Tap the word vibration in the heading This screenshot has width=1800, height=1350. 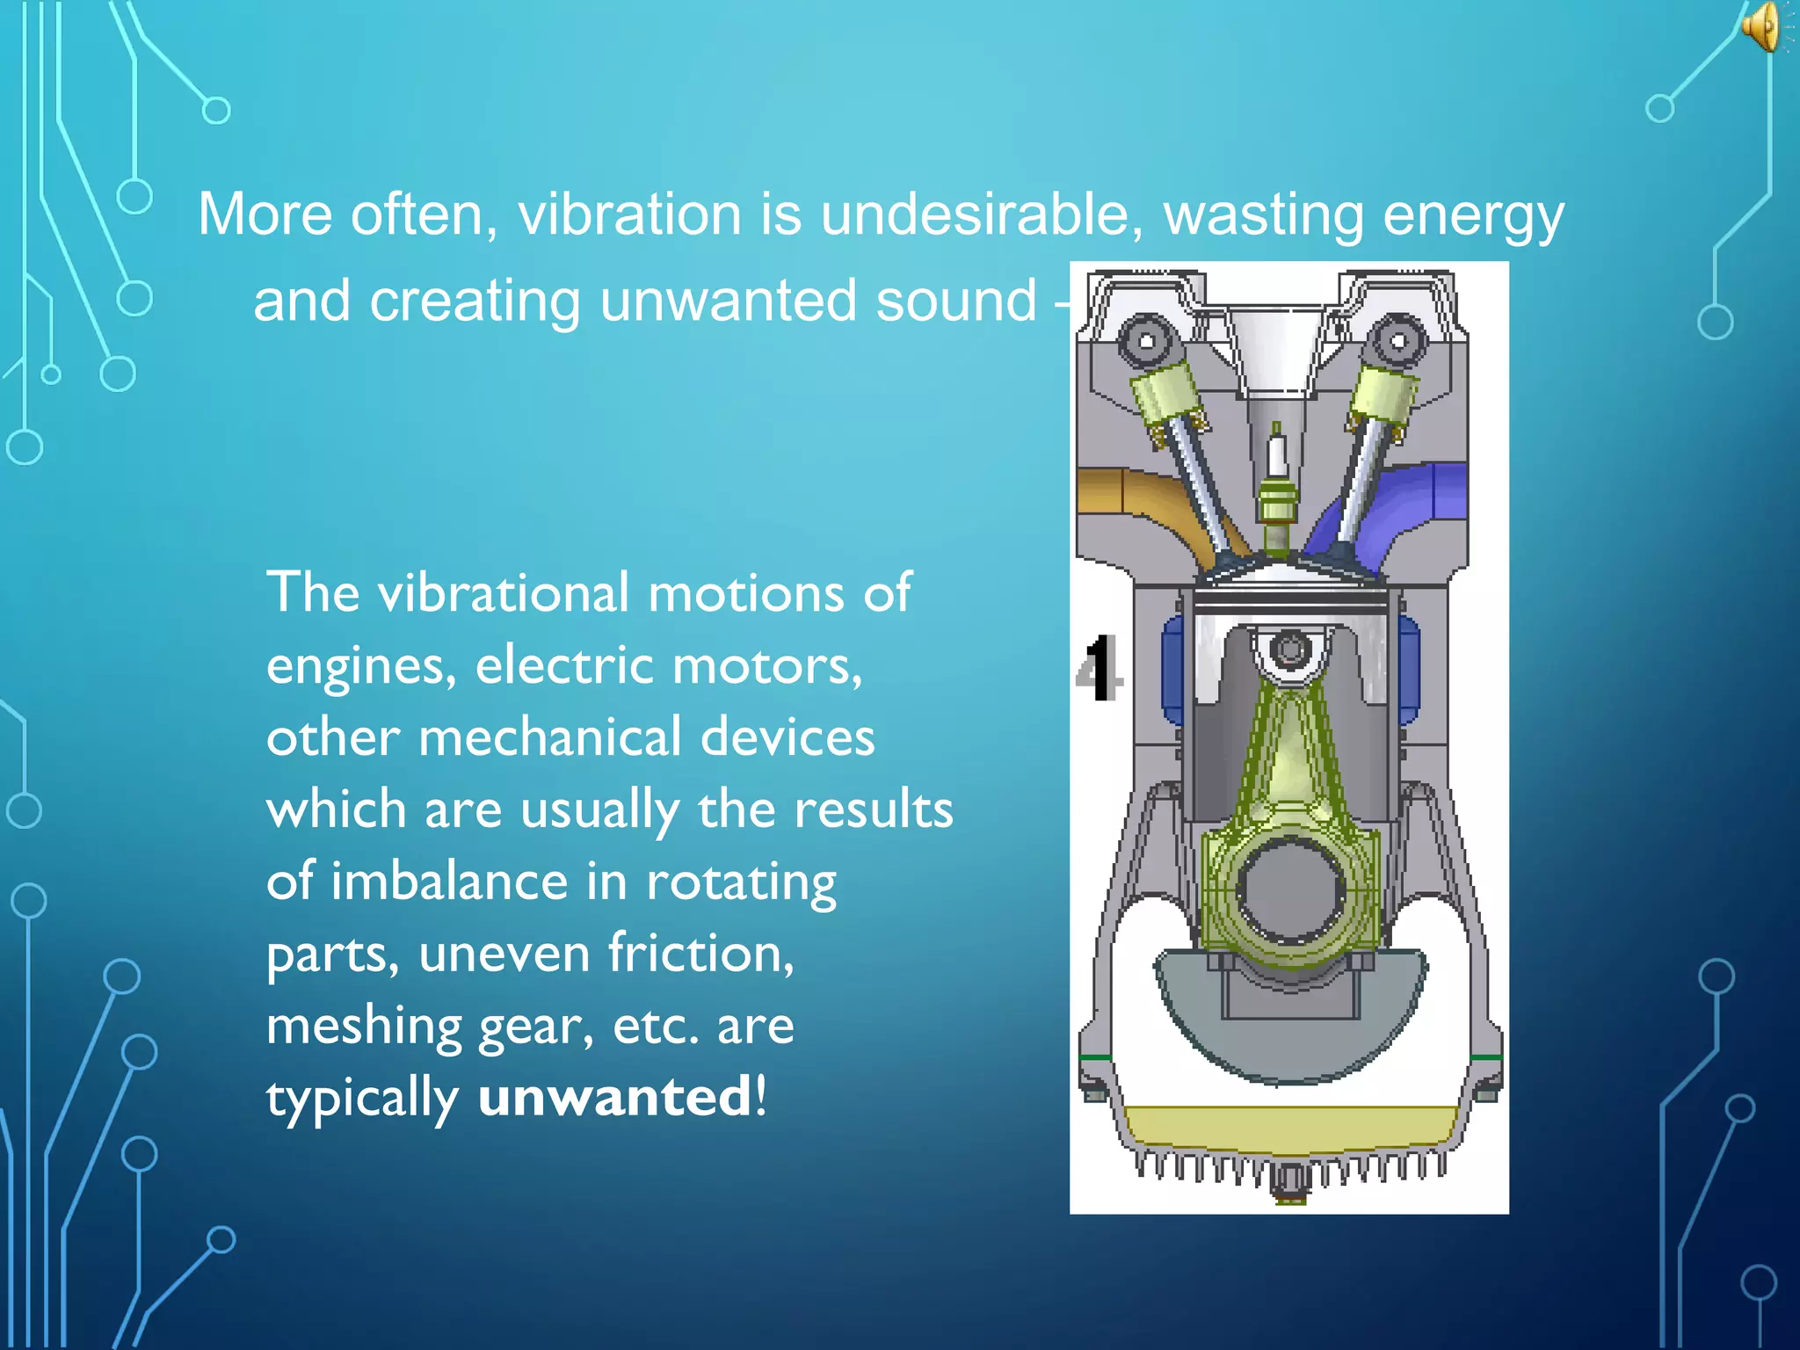(629, 214)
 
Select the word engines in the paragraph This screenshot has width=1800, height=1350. (361, 666)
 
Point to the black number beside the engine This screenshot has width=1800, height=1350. (1099, 668)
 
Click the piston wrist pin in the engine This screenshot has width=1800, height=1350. (1289, 650)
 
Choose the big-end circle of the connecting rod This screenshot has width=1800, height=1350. (1290, 888)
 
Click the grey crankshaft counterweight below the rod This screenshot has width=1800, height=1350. (1290, 1037)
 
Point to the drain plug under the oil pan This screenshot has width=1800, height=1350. (1289, 1187)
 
